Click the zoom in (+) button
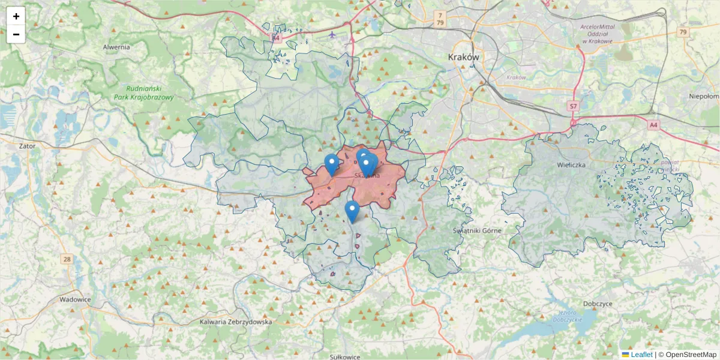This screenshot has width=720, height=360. [16, 16]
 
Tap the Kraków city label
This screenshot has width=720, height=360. [464, 57]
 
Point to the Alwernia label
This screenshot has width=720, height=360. [116, 47]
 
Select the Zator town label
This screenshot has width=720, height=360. [28, 146]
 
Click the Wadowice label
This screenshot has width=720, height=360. [74, 299]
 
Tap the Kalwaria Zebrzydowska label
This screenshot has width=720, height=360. [236, 322]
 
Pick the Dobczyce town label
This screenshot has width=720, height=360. [596, 304]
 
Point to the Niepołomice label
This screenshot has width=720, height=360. [704, 96]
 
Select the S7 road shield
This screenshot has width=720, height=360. [574, 106]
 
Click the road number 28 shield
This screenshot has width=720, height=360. [66, 259]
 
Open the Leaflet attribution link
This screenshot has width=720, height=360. [641, 355]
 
